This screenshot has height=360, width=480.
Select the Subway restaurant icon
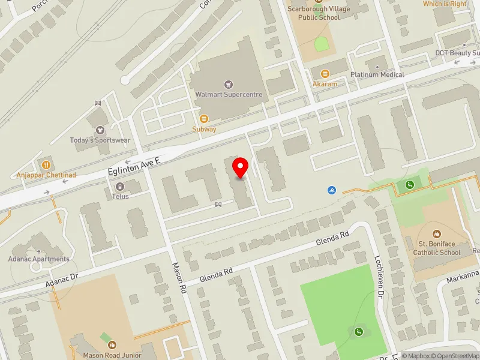coord(204,118)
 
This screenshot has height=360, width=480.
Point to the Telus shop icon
coord(119,187)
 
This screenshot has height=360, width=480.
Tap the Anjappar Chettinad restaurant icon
coord(46,164)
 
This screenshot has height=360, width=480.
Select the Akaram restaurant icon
coord(325,74)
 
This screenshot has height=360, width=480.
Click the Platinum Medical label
coord(377,75)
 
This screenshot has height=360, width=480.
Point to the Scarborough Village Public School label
coord(322,13)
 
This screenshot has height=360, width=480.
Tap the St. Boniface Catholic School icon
coord(436,233)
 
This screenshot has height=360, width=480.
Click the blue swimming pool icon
coord(332,190)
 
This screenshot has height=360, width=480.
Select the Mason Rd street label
coord(180,277)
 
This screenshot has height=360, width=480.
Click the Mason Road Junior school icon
coord(112,344)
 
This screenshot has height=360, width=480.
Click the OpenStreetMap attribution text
coord(452,356)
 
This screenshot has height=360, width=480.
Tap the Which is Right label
coord(445,4)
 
